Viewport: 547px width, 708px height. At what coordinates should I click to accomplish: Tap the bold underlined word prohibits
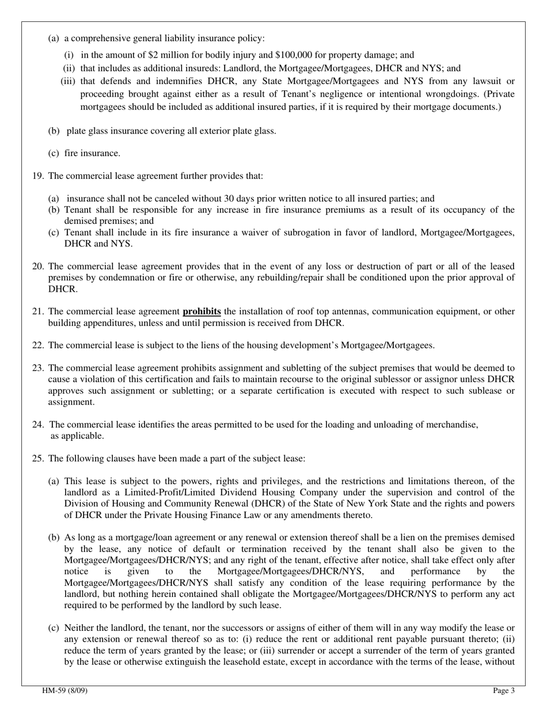click(202, 311)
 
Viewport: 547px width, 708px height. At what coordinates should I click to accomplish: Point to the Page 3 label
click(504, 691)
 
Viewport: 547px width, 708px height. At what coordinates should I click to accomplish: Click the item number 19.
click(38, 176)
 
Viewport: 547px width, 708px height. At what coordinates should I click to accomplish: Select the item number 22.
click(38, 345)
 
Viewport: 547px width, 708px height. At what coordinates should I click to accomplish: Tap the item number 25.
click(38, 459)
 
